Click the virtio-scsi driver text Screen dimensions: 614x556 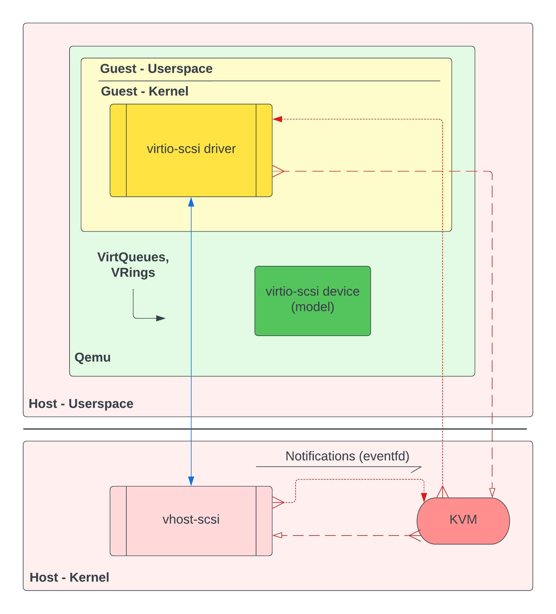coord(191,149)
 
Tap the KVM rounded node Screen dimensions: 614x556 coord(463,519)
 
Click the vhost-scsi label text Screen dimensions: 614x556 coord(191,519)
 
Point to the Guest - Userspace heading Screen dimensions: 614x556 coord(156,69)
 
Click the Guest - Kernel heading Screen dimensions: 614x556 coord(145,91)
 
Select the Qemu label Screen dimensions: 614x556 coord(92,357)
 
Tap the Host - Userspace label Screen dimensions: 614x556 coord(81,404)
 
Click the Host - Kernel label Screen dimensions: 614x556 coord(69,578)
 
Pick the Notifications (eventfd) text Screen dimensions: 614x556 coord(347,456)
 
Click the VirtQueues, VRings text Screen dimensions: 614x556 coord(133,265)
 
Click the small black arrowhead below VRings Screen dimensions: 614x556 coord(161,318)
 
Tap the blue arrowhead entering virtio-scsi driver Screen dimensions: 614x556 coord(191,202)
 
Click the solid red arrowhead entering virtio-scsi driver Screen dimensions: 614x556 coord(277,119)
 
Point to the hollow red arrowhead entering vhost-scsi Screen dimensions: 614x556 coord(277,535)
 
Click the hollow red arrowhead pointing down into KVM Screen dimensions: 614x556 coord(492,492)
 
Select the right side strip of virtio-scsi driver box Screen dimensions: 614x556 coord(264,150)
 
